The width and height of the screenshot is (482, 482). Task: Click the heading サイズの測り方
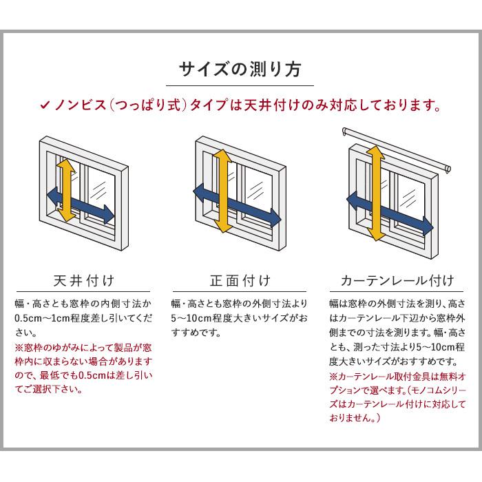point(240,70)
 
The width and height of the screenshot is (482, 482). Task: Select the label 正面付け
point(240,281)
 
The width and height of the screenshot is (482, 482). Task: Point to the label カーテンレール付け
point(397,281)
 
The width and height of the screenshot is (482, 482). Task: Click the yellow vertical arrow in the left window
point(65,192)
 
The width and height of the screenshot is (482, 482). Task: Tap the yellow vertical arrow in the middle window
point(222,193)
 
